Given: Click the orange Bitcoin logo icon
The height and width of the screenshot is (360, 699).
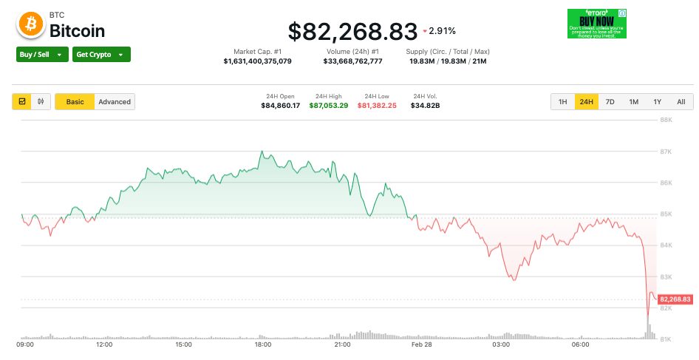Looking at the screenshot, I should coord(30,24).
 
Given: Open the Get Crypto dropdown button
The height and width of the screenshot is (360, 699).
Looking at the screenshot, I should coord(101,54).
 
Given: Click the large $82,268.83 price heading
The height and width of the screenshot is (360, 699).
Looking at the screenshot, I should coord(352,31).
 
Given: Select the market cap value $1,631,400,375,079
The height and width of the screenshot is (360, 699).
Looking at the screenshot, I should coord(257,61).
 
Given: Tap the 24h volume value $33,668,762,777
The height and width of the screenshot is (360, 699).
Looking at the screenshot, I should coord(353,61).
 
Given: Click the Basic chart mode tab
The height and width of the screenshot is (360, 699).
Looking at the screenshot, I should coord(75,102).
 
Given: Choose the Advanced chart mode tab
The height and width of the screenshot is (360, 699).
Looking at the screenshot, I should coord(115,102).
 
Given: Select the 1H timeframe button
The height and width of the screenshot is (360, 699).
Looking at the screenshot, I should coord(563,102).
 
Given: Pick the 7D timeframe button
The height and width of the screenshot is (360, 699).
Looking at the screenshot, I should coord(610,102).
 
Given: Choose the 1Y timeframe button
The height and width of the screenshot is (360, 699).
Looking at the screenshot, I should coord(657,102).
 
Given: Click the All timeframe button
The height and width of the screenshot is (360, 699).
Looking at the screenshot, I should coord(681,102).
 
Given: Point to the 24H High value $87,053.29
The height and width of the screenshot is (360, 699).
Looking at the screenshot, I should coord(329,106).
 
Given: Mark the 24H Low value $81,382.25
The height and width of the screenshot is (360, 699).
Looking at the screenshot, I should coord(377,106).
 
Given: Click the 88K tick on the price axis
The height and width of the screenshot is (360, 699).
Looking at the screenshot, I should coord(665,120).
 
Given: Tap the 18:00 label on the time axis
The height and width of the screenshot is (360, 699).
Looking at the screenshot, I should coord(262,345).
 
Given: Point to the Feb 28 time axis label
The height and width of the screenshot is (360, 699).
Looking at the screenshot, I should coord(422,345).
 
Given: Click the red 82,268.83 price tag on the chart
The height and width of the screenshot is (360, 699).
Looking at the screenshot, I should coord(675,299).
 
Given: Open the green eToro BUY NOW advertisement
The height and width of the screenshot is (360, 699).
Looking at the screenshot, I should coord(597,24).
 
